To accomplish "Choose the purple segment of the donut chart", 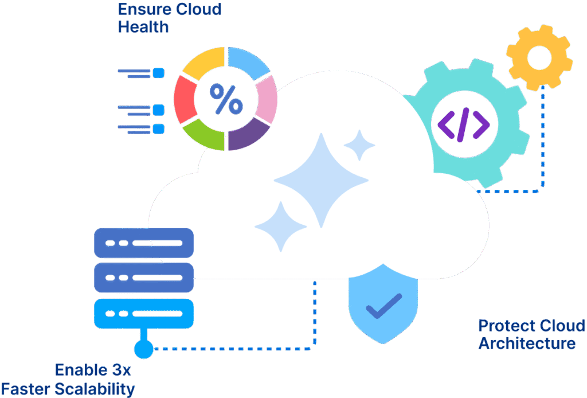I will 248,135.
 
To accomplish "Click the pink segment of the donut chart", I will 267,99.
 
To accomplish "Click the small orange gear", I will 539,57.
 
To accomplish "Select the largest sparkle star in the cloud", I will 321,180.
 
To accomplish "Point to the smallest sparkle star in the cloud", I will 359,145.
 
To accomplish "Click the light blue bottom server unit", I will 143,314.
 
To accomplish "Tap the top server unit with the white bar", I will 143,243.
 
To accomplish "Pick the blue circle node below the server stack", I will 143,349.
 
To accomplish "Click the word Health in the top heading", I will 143,26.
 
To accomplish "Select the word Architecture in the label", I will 527,344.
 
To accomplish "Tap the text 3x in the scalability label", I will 119,370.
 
